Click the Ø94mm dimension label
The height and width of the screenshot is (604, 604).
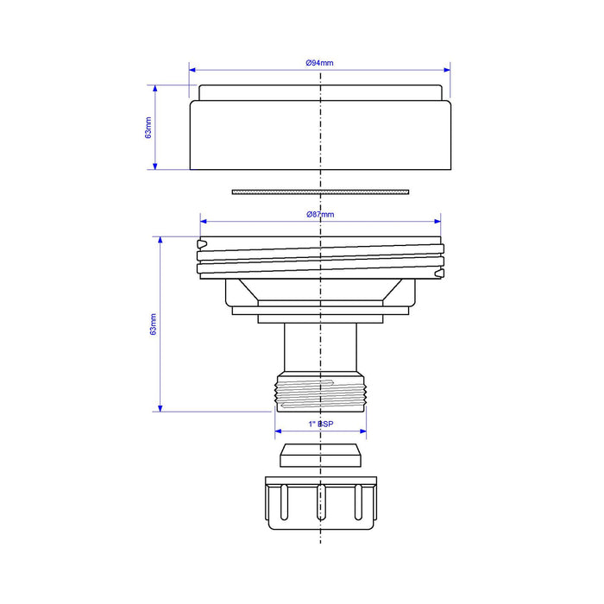point(319,63)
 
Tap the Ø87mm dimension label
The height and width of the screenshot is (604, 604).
point(320,215)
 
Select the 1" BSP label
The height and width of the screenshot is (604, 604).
point(321,425)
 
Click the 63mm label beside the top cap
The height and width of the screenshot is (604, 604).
point(148,128)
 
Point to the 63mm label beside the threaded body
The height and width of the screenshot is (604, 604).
point(154,324)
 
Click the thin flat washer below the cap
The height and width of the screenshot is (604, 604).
point(320,192)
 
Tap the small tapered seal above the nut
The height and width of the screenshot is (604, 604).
point(320,456)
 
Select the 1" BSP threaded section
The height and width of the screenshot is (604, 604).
point(320,392)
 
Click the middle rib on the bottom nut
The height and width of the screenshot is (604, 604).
point(321,503)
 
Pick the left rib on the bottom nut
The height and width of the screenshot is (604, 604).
point(284,503)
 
